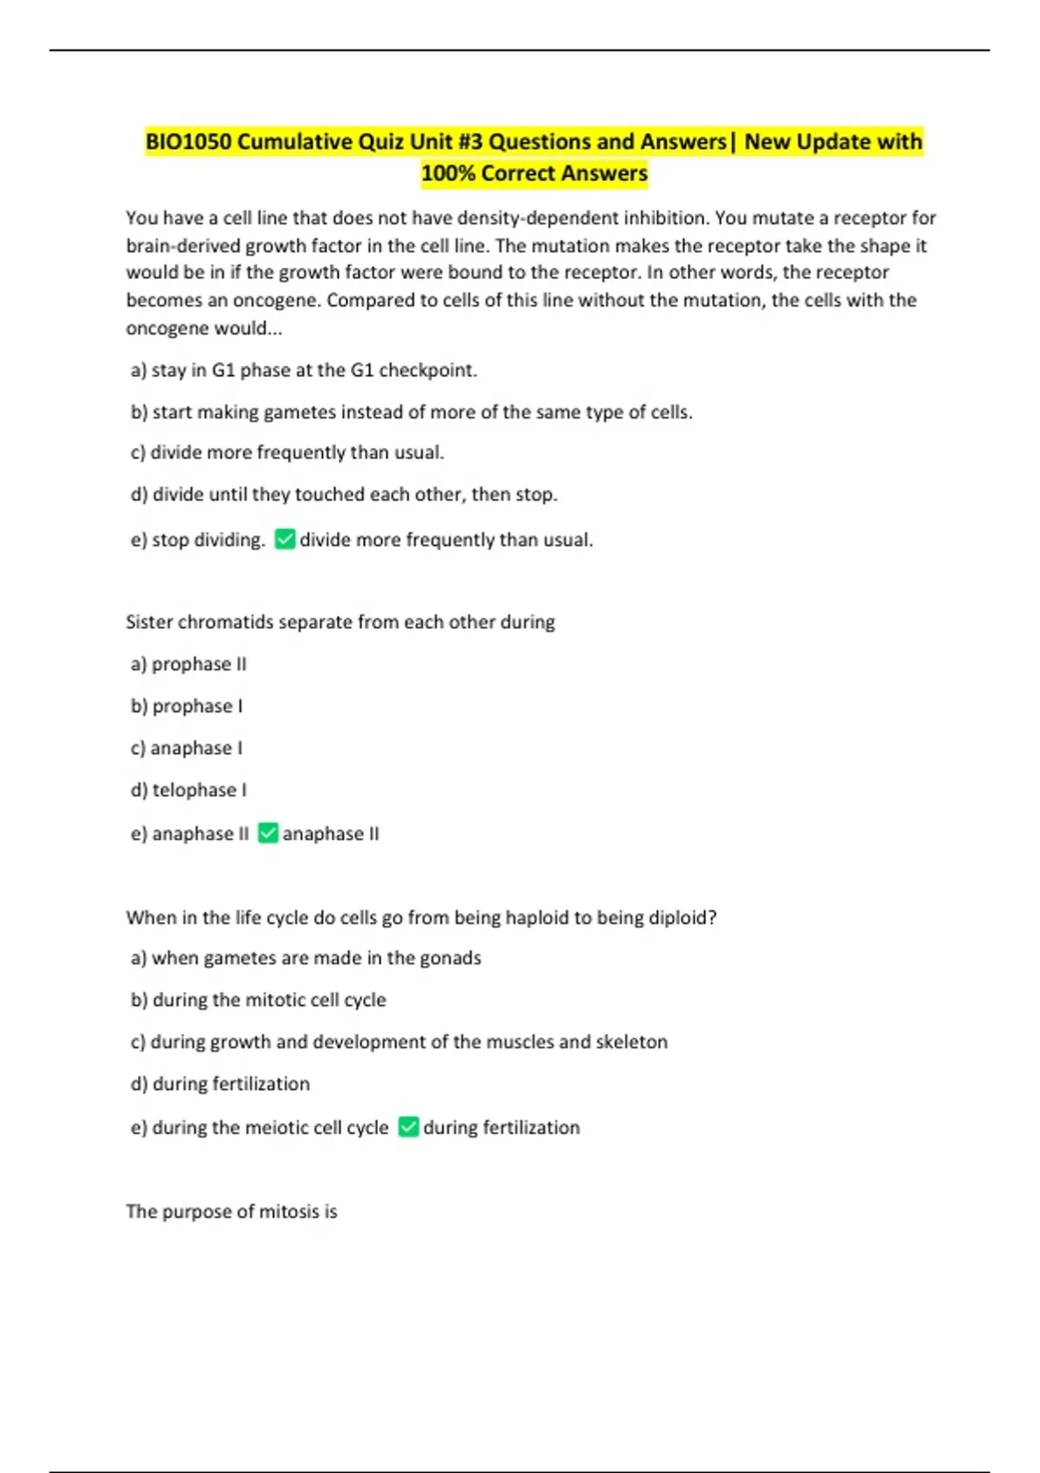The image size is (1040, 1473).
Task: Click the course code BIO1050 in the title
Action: point(188,141)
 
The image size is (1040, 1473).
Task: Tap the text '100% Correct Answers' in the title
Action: point(534,173)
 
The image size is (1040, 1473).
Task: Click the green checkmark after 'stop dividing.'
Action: point(285,540)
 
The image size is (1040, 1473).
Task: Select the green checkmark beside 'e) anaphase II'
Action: point(269,834)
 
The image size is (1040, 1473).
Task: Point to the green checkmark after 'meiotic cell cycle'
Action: point(408,1127)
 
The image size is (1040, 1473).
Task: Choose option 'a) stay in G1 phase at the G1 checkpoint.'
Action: point(303,370)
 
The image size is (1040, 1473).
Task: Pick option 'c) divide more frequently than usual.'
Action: point(287,452)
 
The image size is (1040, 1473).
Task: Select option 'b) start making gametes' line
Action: point(411,412)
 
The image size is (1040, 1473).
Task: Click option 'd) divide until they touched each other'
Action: point(343,495)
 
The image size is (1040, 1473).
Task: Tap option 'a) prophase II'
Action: point(188,665)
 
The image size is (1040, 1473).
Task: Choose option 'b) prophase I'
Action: point(186,706)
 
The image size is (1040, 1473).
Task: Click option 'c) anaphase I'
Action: point(186,748)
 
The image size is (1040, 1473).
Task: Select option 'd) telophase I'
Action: point(188,790)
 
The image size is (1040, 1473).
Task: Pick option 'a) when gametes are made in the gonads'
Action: point(305,958)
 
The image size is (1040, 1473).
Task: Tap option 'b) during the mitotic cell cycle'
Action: point(257,1000)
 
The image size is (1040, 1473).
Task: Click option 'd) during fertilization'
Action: point(219,1084)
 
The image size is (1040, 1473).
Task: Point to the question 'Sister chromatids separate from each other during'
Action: point(340,622)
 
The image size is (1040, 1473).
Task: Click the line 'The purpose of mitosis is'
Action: point(231,1211)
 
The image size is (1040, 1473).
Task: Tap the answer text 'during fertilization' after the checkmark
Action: point(501,1127)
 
